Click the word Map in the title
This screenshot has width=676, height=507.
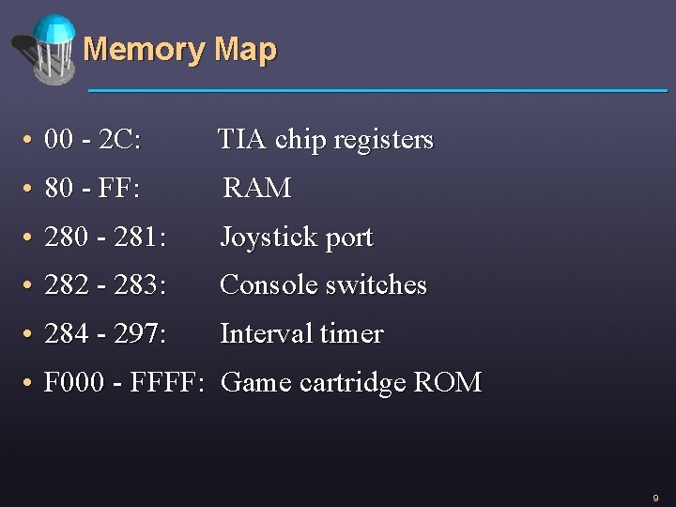tap(245, 50)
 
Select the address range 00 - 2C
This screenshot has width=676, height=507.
tap(93, 141)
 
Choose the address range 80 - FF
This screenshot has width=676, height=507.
tap(92, 189)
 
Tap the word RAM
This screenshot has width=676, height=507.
tap(257, 189)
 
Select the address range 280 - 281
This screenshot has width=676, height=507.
tap(105, 238)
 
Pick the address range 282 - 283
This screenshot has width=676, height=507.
tap(105, 285)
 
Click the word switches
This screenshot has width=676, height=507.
tap(376, 285)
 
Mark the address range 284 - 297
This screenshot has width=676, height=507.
tap(105, 334)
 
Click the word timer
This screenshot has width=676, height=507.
tap(351, 334)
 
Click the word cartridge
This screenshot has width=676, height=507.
tap(354, 384)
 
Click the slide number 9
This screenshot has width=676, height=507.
tap(655, 498)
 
